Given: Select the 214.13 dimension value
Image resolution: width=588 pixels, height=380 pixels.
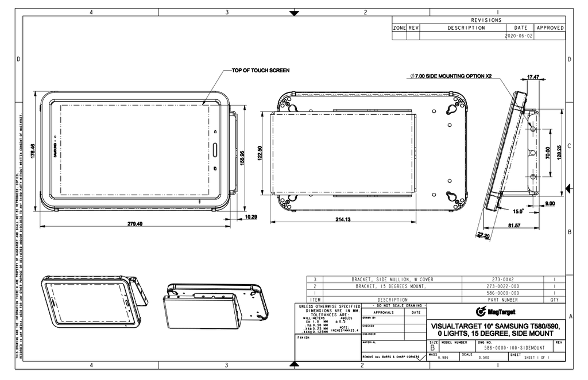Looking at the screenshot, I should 344,219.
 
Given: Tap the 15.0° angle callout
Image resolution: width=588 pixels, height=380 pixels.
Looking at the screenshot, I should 518,211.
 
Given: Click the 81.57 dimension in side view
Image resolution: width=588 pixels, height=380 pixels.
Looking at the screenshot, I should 513,226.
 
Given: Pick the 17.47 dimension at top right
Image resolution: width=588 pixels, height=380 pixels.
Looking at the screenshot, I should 532,76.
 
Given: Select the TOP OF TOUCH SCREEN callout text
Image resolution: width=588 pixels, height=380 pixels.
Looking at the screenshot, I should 260,71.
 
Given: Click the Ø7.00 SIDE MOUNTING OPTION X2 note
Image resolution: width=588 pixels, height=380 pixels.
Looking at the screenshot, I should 451,76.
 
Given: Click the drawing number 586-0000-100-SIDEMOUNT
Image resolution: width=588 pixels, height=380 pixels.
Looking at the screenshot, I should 514,348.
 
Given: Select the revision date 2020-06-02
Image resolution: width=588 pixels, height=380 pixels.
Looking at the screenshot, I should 519,36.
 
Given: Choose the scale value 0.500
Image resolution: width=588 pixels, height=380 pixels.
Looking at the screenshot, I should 483,358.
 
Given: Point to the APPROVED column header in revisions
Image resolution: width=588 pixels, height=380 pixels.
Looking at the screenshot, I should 550,28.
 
